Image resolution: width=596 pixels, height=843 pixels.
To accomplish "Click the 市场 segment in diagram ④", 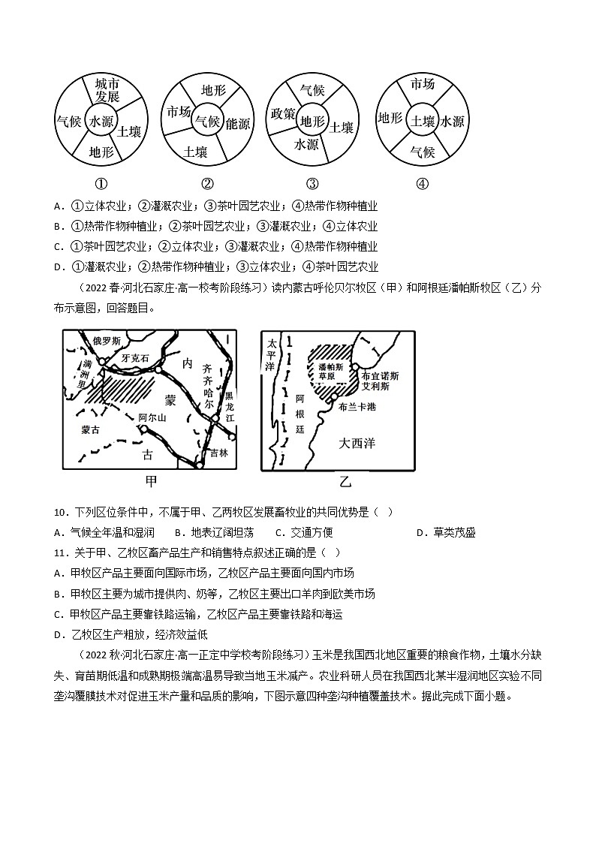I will click(x=423, y=84).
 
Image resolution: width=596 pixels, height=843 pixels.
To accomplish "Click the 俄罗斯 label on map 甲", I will click(x=106, y=341).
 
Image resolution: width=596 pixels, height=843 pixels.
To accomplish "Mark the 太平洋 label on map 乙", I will click(x=271, y=354).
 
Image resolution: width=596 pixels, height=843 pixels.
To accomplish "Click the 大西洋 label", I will click(x=357, y=443).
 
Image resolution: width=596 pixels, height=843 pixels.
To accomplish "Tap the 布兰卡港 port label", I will click(x=357, y=406).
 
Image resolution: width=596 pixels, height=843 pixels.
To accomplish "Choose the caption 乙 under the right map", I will click(x=345, y=482).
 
